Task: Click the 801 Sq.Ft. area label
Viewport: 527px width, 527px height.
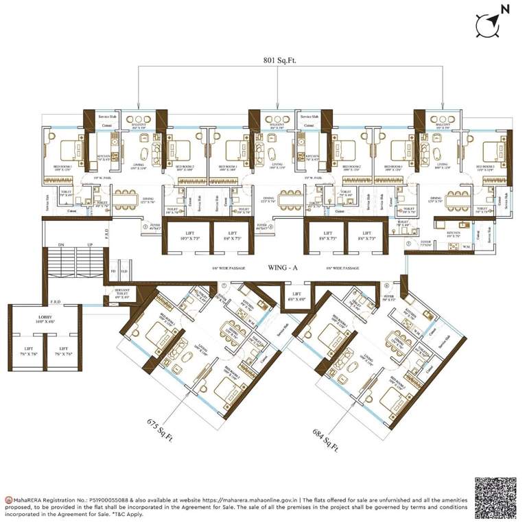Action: tap(277, 60)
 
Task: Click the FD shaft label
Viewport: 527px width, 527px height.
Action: tap(113, 271)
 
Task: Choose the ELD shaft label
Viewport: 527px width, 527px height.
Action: tap(124, 271)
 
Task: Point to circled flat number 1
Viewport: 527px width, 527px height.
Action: tap(145, 225)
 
